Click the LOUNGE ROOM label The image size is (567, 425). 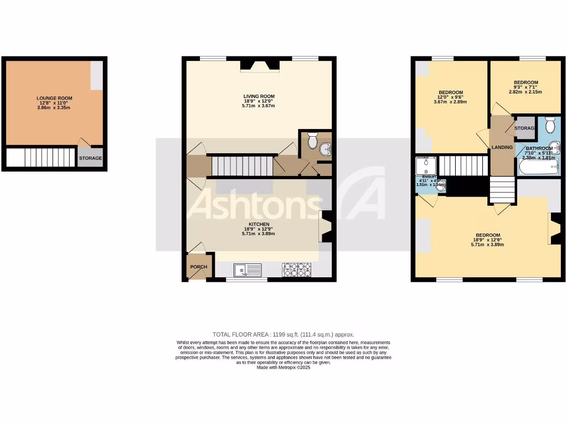click(54, 98)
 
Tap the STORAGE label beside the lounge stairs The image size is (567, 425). click(90, 158)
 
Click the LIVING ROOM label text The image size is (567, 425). click(259, 96)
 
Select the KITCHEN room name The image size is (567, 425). click(259, 224)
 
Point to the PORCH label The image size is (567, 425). click(199, 267)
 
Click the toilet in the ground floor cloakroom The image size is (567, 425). click(312, 142)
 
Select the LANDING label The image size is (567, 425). click(502, 147)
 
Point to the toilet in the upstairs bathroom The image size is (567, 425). click(549, 126)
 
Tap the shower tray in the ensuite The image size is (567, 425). click(426, 164)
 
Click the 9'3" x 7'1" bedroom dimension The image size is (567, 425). click(525, 87)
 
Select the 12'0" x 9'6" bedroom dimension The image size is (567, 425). click(450, 97)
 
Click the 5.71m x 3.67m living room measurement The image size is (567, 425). click(259, 106)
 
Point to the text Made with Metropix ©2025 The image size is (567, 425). click(283, 368)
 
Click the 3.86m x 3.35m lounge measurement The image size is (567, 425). click(54, 108)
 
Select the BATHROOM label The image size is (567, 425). click(539, 148)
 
